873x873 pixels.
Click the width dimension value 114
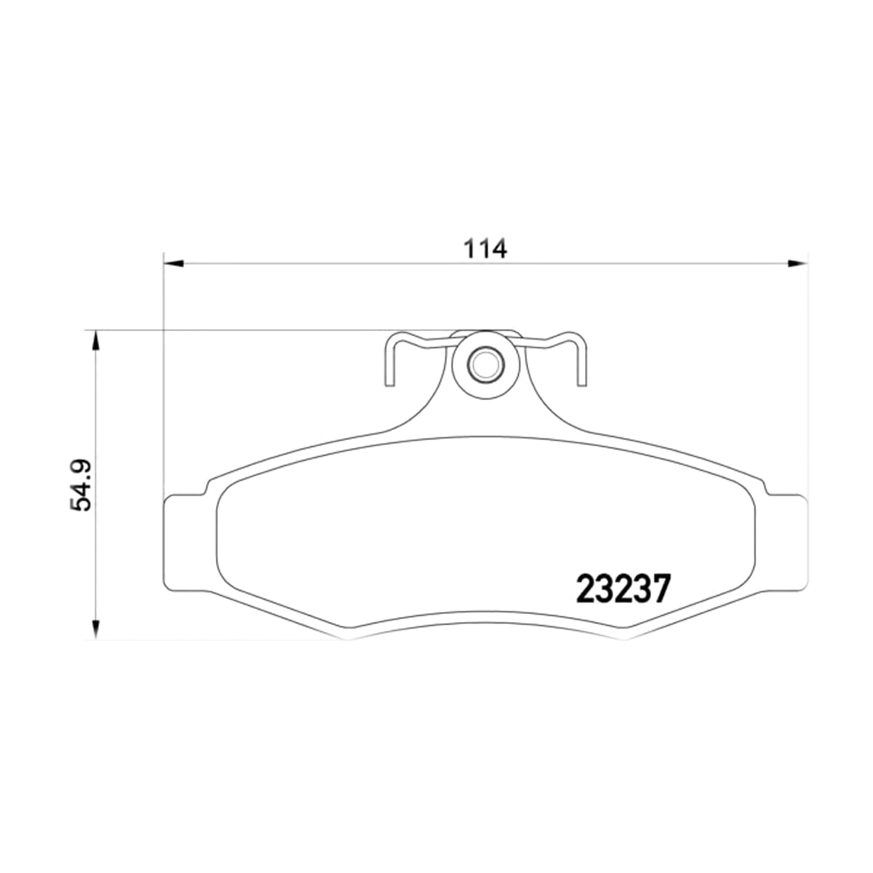coord(485,249)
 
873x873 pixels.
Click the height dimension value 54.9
coord(81,485)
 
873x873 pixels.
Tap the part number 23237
coord(623,589)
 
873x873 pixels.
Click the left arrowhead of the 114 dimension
coord(174,263)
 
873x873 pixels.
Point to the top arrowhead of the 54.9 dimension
coord(95,340)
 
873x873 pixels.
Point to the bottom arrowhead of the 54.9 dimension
coord(95,630)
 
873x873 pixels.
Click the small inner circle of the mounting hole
coord(486,364)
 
